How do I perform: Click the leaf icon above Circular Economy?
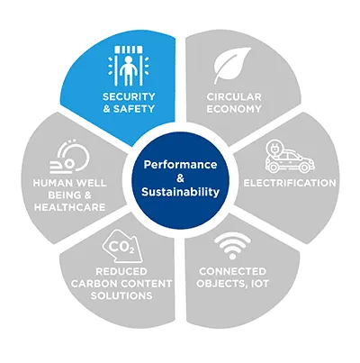(x=232, y=65)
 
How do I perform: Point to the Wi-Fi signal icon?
(x=231, y=246)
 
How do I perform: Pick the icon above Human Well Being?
(x=70, y=157)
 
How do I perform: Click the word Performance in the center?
(x=180, y=165)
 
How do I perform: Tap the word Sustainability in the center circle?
(x=180, y=192)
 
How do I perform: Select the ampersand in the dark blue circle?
(x=180, y=178)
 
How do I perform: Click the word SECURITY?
(x=129, y=96)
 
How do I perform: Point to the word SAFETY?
(x=134, y=109)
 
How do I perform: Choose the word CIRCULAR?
(x=234, y=97)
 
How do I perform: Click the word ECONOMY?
(x=234, y=109)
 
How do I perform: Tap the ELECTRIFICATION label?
(x=290, y=183)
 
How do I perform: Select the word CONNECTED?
(x=232, y=271)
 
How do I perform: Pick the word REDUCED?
(x=121, y=271)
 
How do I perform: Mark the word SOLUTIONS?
(x=121, y=295)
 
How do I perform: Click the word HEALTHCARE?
(x=69, y=207)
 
